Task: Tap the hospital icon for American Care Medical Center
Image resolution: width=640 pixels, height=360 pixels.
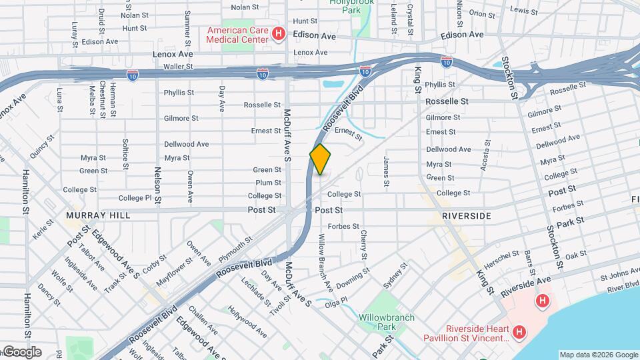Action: click(279, 34)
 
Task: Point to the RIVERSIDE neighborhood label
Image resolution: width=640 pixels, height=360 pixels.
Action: click(467, 216)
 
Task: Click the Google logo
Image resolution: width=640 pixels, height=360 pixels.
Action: click(21, 352)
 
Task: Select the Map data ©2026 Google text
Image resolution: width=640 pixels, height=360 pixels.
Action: click(599, 355)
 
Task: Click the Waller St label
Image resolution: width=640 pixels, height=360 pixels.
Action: click(178, 67)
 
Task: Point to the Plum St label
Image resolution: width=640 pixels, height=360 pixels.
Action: click(269, 183)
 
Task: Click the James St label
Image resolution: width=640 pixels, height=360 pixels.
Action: click(386, 171)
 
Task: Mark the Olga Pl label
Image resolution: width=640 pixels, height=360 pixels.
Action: click(335, 300)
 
